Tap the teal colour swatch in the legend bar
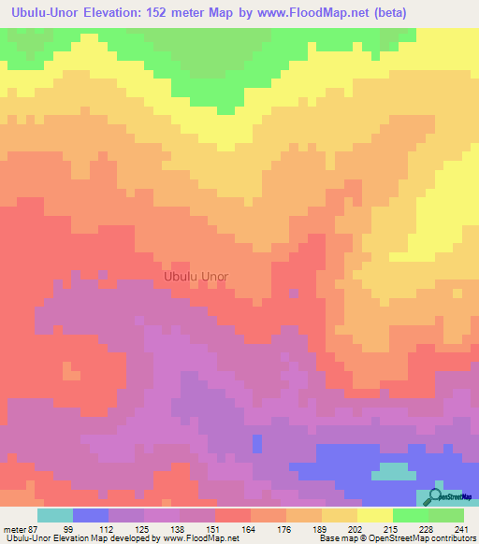pyautogui.click(x=55, y=515)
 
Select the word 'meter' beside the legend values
pyautogui.click(x=14, y=529)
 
